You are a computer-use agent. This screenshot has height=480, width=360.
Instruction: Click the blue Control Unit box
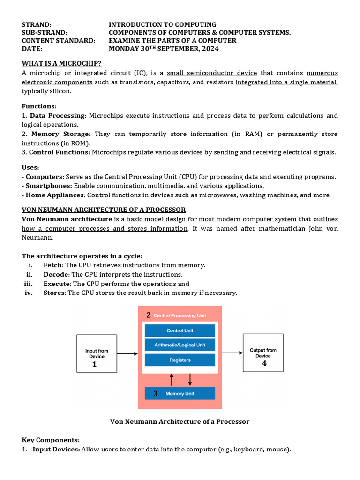[180, 330]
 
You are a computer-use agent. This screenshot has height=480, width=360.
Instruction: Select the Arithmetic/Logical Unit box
[180, 345]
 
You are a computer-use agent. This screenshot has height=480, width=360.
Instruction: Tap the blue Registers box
[180, 360]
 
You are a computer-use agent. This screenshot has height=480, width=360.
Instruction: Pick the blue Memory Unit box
[180, 393]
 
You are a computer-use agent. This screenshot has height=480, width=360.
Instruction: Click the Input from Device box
[97, 353]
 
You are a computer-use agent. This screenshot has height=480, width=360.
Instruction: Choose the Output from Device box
[263, 353]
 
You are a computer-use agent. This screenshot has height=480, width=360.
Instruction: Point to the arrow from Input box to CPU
[127, 353]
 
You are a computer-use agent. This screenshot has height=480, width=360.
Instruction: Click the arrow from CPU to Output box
[232, 352]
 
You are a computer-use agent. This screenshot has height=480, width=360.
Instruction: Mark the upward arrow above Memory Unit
[172, 379]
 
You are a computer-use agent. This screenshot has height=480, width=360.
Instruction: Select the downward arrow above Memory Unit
[190, 379]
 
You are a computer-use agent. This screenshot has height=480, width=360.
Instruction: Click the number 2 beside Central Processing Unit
[148, 315]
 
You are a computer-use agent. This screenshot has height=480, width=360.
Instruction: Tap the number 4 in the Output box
[264, 363]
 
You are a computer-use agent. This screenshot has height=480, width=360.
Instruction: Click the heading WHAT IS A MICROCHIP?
[62, 64]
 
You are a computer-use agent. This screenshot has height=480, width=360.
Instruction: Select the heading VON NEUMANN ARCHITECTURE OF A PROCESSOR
[104, 210]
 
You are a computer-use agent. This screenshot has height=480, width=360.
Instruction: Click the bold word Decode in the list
[56, 274]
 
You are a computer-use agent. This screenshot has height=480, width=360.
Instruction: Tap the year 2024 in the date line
[209, 49]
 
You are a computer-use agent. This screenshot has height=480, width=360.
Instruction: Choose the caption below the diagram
[180, 421]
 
